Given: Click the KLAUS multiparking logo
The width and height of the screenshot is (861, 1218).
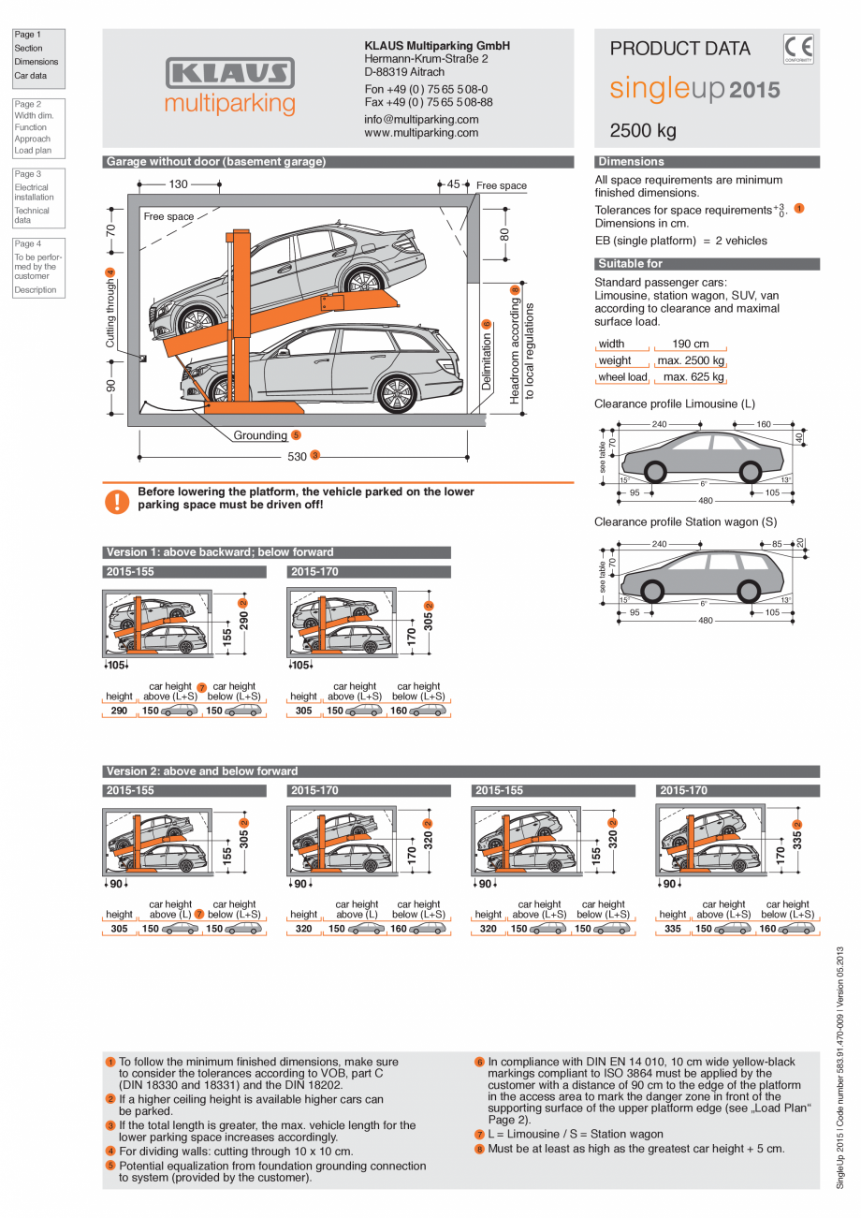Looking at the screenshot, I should [230, 86].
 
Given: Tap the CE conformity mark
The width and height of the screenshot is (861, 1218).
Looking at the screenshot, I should [798, 48].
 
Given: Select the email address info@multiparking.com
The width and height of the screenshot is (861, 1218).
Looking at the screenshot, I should [421, 120].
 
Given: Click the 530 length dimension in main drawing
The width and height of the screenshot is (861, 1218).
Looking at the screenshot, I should [297, 456].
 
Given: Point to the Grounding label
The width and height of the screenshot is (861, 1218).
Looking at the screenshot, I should [260, 435].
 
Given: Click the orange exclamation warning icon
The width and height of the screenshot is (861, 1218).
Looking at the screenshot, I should [117, 501].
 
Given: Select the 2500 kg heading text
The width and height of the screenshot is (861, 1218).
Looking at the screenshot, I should [643, 130].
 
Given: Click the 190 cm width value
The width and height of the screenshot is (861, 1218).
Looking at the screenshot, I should [691, 344].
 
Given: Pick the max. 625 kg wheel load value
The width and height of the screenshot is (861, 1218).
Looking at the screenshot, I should [693, 377].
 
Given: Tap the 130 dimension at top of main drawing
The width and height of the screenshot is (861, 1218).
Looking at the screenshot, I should [178, 184].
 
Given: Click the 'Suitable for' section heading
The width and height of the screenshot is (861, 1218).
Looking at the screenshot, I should [630, 264].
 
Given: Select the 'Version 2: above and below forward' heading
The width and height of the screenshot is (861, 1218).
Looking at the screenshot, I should [202, 771].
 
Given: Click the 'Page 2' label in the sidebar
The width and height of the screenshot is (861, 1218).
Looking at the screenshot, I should [27, 104].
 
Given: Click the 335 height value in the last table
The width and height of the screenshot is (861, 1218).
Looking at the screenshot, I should [673, 929].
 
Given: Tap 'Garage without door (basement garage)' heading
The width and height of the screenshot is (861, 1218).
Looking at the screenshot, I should [216, 162].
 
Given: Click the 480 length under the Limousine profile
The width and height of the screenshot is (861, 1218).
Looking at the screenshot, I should [706, 501].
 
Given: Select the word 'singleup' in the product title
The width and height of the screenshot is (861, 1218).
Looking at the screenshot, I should [667, 90].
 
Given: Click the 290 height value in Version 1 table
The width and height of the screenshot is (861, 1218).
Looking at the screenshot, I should [119, 711].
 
